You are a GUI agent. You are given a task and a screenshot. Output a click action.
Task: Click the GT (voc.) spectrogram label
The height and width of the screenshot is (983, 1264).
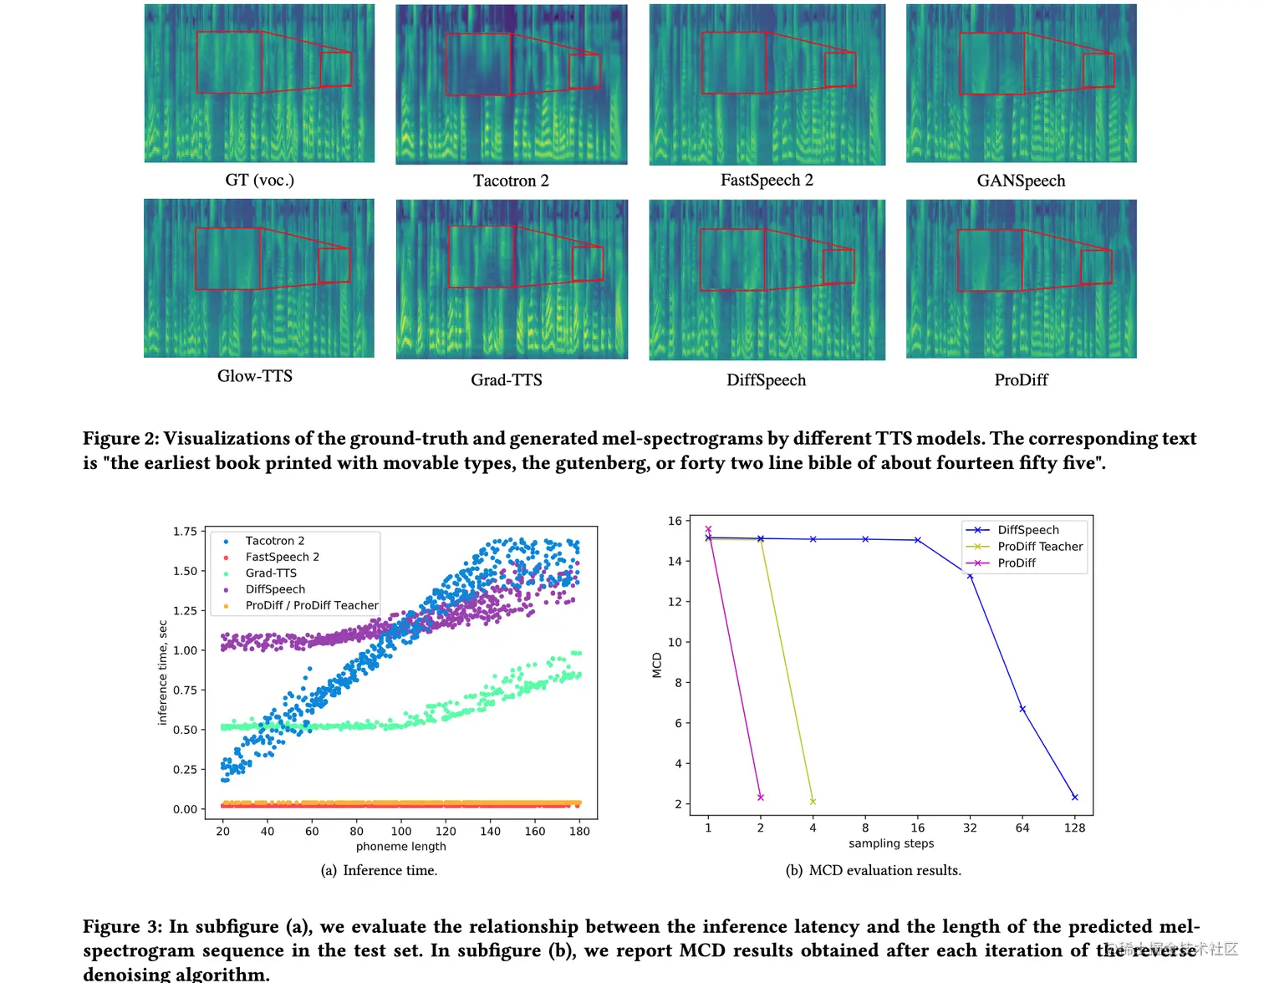coord(259,180)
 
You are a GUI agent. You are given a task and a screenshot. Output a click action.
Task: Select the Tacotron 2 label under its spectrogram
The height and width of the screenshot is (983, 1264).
coord(511,181)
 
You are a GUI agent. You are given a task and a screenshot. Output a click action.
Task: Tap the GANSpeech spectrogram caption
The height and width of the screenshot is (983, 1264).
coord(1021,181)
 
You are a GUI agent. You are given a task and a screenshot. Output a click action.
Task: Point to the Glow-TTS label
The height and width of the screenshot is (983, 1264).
coord(255,376)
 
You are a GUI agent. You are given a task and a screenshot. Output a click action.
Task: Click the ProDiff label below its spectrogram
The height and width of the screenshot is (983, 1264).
coord(1021,380)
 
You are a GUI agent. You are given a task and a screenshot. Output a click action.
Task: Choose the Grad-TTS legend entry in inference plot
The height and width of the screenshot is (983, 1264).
coord(271,573)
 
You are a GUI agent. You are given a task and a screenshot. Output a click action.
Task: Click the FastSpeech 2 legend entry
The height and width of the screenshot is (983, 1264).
coord(282,557)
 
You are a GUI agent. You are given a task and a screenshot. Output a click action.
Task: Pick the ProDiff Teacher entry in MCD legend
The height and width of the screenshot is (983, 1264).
coord(1040,547)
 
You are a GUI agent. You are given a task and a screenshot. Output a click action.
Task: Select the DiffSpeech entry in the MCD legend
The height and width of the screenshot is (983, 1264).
coord(1028,530)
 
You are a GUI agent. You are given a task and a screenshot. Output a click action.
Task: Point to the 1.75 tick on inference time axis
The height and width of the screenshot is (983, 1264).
coord(185,532)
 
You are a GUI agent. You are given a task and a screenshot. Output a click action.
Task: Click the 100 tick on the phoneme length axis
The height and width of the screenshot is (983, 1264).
coord(401,831)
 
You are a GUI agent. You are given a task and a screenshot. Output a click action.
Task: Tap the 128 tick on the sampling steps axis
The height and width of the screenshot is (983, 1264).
coord(1074,828)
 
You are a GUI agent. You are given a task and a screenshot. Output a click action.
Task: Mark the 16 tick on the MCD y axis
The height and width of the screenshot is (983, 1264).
coord(675,521)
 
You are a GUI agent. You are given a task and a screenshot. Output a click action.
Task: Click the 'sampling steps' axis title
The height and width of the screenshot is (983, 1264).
coord(891,843)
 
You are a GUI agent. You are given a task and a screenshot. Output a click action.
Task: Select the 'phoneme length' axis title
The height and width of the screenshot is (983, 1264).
coord(400,847)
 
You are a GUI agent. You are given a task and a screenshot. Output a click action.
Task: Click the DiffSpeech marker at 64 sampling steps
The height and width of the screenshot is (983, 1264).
coord(1022,709)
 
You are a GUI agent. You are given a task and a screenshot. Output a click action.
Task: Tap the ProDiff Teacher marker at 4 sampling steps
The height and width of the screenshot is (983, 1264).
coord(813,802)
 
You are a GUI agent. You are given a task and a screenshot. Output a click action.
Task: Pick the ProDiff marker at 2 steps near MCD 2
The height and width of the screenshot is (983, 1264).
coord(761,797)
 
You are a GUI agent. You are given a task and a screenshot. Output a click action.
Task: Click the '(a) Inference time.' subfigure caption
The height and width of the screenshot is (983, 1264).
coord(379,870)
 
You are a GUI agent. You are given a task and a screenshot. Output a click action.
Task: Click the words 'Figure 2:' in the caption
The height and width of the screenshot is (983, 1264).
coord(120,439)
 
